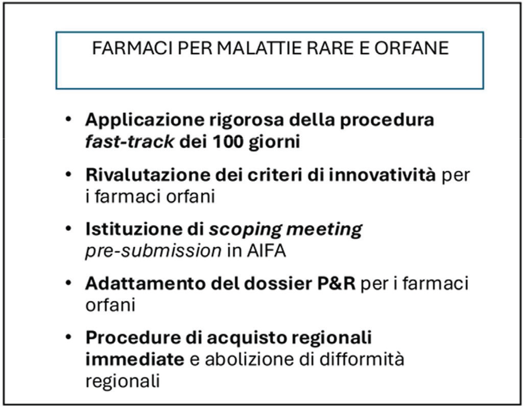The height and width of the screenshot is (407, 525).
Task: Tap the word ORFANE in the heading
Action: tap(412, 48)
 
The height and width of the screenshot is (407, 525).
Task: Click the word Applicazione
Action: tap(145, 121)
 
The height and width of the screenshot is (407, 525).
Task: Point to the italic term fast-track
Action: tap(130, 142)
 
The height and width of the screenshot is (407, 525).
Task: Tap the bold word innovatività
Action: tap(382, 175)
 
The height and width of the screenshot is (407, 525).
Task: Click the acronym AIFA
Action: tap(267, 251)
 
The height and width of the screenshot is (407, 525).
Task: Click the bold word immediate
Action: tap(135, 360)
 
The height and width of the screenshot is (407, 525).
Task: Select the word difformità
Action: tap(362, 360)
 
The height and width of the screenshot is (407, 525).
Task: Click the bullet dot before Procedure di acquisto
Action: tap(68, 338)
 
